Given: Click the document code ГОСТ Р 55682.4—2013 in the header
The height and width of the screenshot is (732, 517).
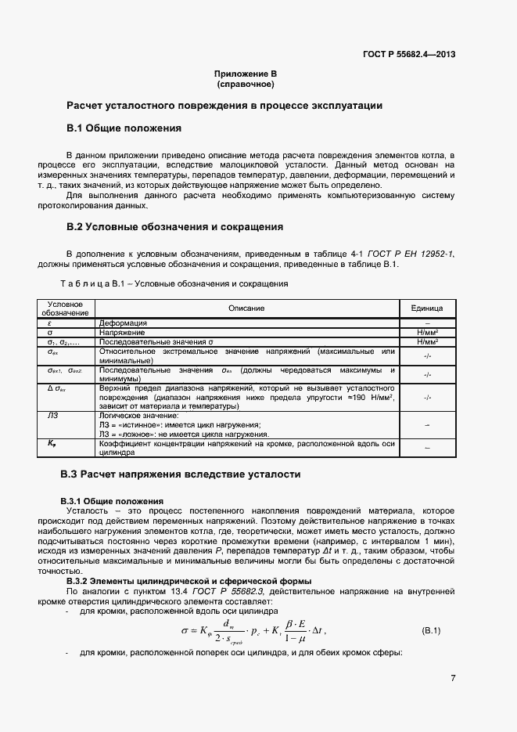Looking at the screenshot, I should [x=408, y=54].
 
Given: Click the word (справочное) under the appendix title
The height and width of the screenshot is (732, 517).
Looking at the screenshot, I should [x=246, y=84].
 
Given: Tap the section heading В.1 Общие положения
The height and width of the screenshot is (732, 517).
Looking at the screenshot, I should [x=124, y=128].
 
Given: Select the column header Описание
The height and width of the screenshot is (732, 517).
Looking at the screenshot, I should [x=246, y=308].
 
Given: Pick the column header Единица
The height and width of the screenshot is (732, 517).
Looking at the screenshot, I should [x=427, y=308].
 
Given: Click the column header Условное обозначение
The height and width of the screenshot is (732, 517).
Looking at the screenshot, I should [x=66, y=308].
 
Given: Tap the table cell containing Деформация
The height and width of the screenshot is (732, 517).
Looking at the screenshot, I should [x=123, y=323].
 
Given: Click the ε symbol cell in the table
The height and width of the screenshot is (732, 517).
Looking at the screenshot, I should [x=49, y=323].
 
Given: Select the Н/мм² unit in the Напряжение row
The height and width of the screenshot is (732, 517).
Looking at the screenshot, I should [x=427, y=332].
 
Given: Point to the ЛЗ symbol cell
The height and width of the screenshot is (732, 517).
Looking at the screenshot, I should [x=53, y=416].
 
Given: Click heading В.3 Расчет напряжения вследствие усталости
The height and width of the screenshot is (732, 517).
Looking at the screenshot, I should [x=180, y=474].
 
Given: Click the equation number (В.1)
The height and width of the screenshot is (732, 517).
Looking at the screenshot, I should [x=432, y=630].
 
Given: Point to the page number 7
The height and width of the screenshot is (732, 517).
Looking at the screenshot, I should [x=453, y=678].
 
